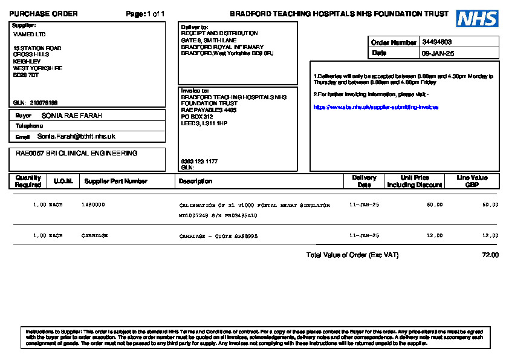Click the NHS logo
point(477,19)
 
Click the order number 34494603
point(437,42)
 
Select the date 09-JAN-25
point(438,53)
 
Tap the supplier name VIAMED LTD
point(29,34)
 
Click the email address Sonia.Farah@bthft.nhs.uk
point(76,137)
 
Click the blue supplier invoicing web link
point(376,107)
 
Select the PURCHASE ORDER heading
point(44,14)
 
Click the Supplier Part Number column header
point(116,181)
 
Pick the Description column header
point(195,181)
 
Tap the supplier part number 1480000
point(93,205)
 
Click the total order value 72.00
point(490,255)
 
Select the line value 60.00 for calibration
point(490,205)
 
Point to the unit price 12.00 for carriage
point(434,235)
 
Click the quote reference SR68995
point(246,236)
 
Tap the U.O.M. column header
point(63,181)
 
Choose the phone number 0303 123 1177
point(199,162)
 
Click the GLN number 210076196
point(44,103)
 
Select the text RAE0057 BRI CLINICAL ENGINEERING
point(77,154)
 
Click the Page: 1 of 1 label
point(145,14)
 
